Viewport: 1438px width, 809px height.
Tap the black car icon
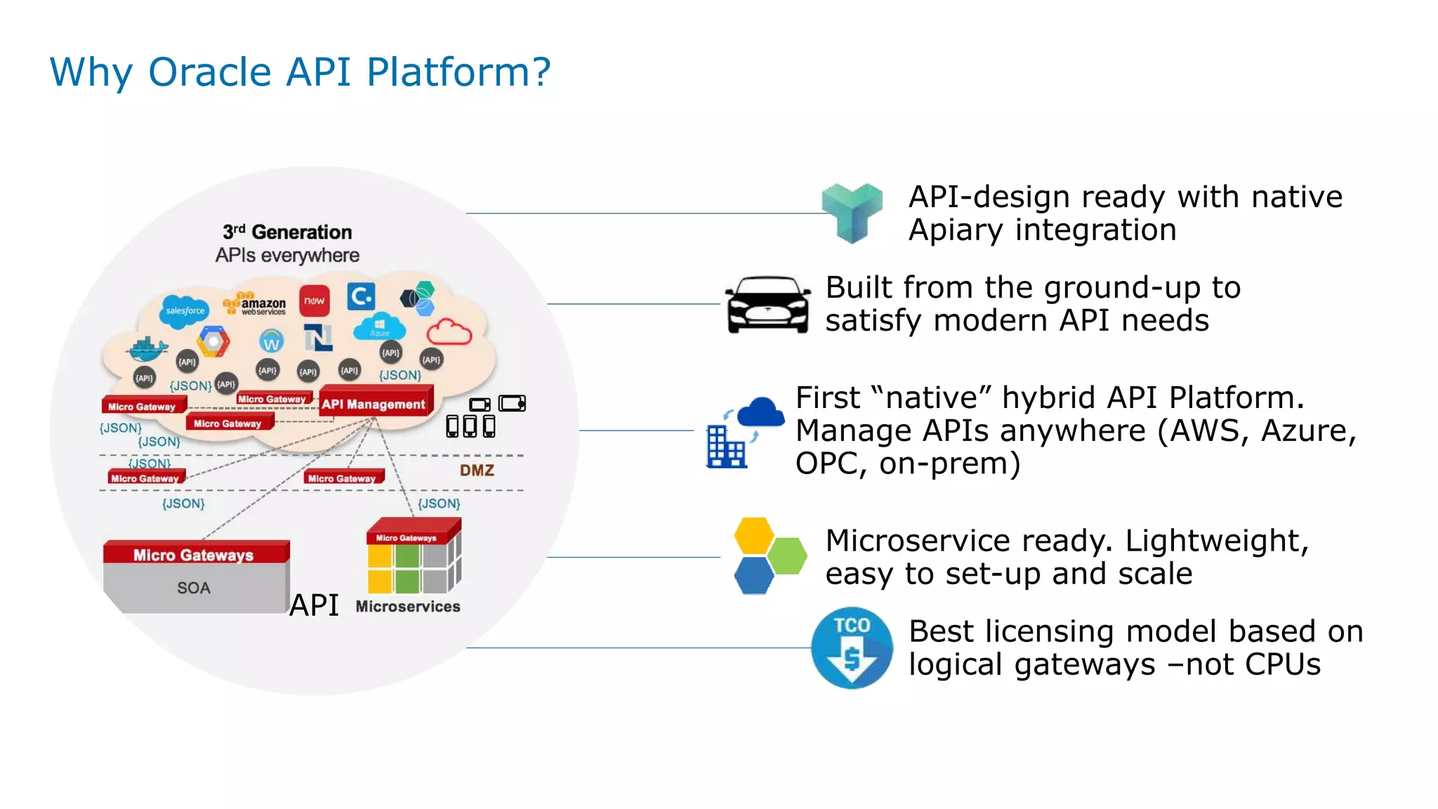click(x=767, y=304)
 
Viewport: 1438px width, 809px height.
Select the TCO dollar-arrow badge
click(x=852, y=647)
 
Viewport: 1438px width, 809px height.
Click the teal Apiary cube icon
click(x=852, y=212)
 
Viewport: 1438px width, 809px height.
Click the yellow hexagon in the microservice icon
click(x=753, y=535)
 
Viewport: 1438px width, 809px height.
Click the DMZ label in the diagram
click(x=477, y=471)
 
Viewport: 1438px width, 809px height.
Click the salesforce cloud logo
click(x=184, y=310)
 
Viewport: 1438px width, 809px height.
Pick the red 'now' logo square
click(x=314, y=301)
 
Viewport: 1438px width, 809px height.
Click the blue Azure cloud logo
click(x=379, y=327)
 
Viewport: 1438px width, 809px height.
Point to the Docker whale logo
click(x=147, y=348)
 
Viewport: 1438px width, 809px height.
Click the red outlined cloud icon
click(x=449, y=331)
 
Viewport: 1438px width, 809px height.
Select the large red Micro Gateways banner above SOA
click(x=194, y=554)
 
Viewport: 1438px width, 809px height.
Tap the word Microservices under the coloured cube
click(x=408, y=606)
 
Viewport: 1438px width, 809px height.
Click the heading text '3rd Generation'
click(x=287, y=232)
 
